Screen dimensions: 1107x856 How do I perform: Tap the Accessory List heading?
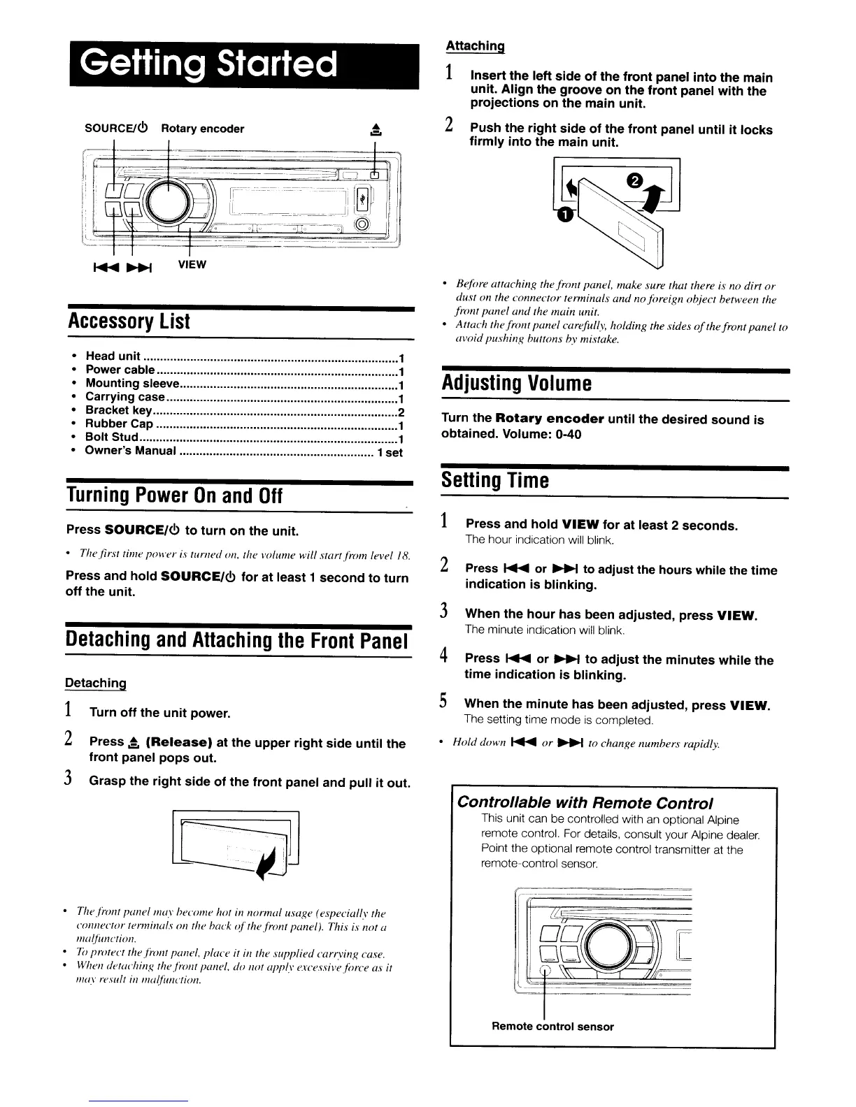tap(129, 321)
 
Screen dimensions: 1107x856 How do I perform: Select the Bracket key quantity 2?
tap(401, 411)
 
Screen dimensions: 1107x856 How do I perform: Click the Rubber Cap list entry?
tap(119, 424)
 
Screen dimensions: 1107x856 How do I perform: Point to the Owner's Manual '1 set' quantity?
tap(390, 451)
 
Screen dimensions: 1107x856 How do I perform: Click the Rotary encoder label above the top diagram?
tap(203, 129)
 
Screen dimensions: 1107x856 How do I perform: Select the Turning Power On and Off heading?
tap(173, 496)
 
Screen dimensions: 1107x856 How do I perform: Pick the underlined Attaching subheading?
tap(476, 46)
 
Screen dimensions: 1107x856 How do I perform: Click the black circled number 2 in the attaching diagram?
tap(634, 181)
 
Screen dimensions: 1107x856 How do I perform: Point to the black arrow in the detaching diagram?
tap(266, 867)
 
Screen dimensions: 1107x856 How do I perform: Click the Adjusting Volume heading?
tap(516, 383)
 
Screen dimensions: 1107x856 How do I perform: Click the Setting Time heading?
tap(494, 481)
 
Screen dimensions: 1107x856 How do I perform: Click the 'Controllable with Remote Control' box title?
tap(585, 802)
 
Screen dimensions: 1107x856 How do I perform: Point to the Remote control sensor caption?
tap(552, 1027)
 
